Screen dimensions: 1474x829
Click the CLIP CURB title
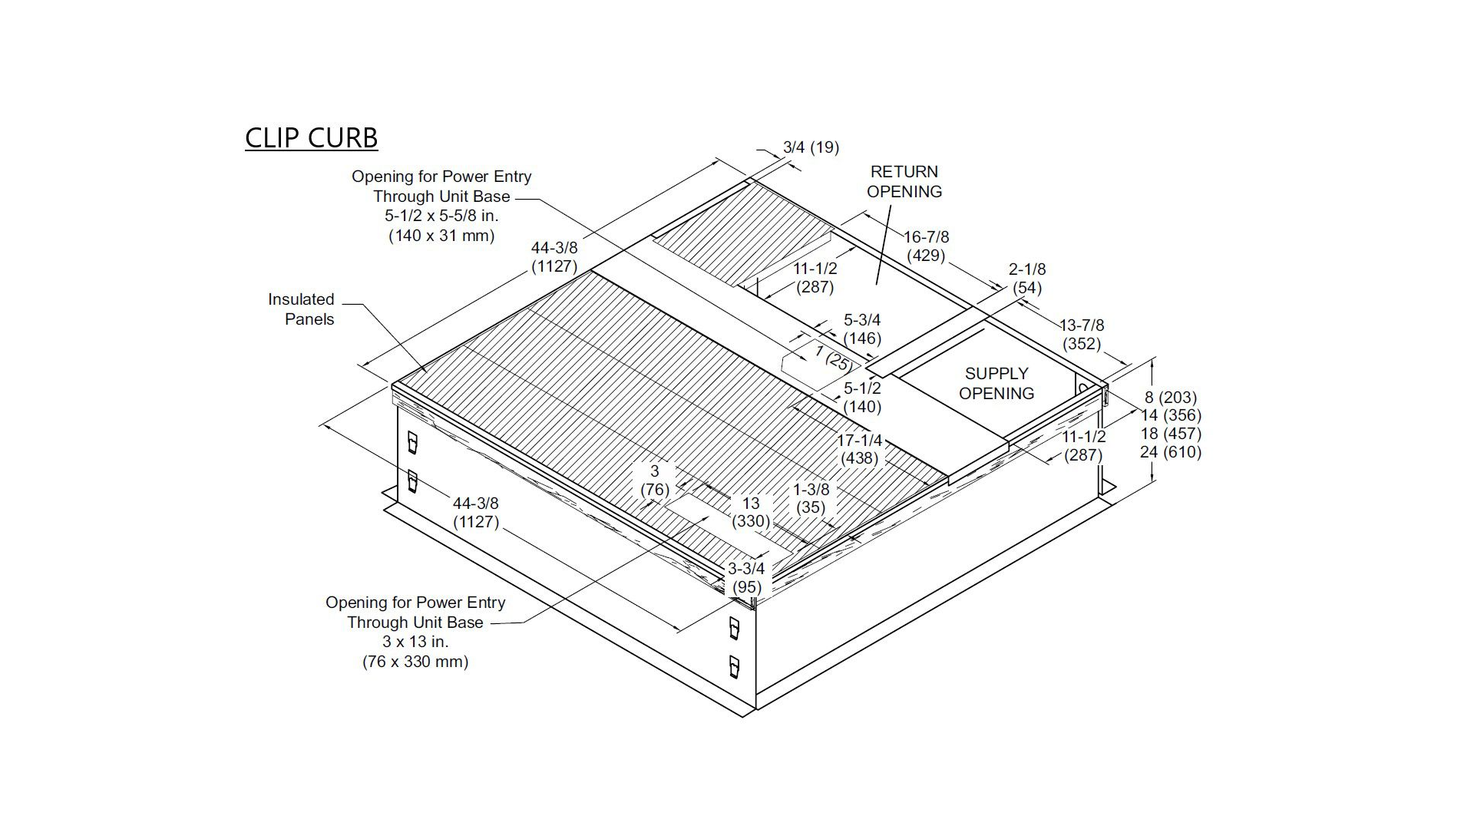[x=311, y=138]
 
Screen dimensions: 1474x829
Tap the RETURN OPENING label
[x=904, y=181]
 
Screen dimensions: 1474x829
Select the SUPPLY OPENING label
[x=996, y=383]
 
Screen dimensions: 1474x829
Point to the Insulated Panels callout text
[x=301, y=309]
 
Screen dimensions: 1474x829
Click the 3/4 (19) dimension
[x=811, y=147]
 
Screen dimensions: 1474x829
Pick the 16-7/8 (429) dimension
[x=926, y=246]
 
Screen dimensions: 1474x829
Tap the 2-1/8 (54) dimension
[x=1027, y=279]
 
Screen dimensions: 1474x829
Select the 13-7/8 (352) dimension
[x=1082, y=335]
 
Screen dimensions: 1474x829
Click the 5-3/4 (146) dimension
[x=862, y=329]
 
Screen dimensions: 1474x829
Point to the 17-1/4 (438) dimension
[x=860, y=450]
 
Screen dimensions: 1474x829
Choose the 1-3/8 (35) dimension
[x=811, y=498]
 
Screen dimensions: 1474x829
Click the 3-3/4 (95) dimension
[x=746, y=578]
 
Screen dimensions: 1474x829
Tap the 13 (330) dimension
[x=750, y=512]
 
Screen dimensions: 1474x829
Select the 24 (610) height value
[x=1171, y=452]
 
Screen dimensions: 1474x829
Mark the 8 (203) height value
[x=1171, y=397]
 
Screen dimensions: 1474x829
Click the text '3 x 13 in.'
[x=415, y=642]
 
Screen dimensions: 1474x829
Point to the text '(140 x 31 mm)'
[x=441, y=236]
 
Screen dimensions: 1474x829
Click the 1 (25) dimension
[x=834, y=357]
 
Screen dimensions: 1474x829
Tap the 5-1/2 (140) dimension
[x=862, y=397]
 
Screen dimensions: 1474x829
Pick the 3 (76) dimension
[x=655, y=480]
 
